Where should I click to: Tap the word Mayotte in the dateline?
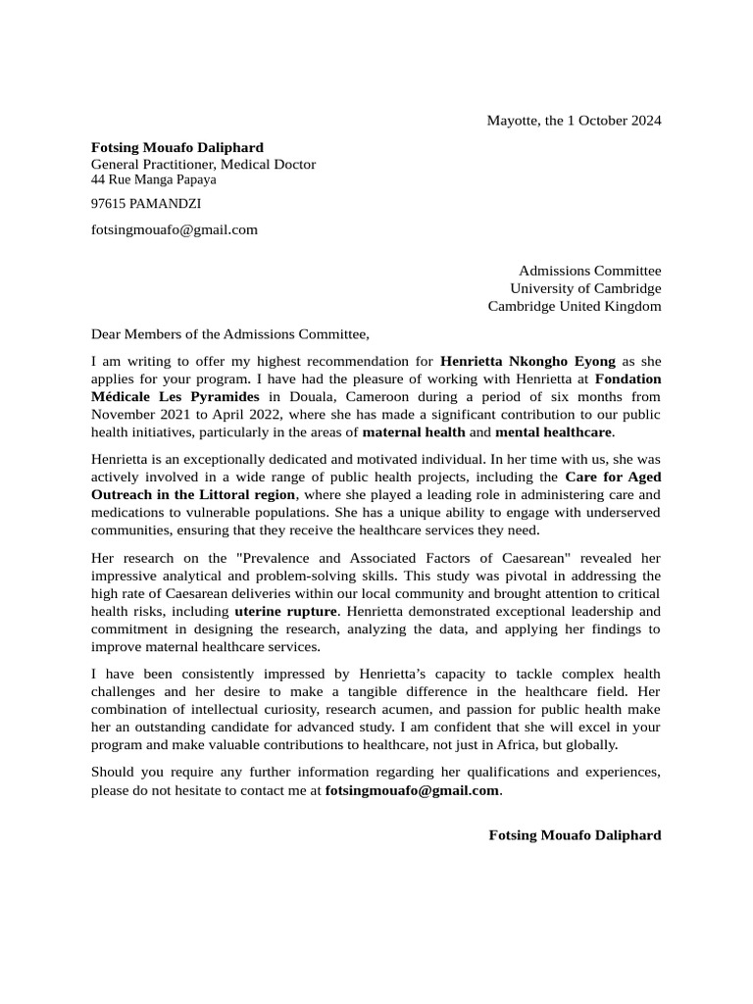511,121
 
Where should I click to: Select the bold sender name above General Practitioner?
176,147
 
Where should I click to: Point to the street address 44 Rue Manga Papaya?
154,179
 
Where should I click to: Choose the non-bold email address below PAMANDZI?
175,229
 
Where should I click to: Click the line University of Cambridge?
585,288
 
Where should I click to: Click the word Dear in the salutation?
107,334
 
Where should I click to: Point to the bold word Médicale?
122,396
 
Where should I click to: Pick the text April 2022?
241,414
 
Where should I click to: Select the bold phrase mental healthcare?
553,431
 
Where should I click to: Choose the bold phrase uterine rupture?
285,611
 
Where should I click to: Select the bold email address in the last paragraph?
412,790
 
